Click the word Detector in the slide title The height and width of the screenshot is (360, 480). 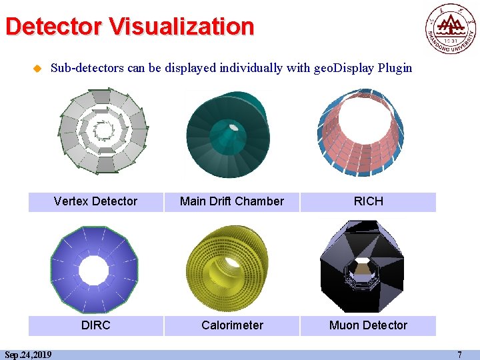[53, 27]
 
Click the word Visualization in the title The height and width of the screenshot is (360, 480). [181, 27]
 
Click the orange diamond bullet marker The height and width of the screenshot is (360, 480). [37, 68]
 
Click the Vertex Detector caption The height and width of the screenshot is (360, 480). [95, 201]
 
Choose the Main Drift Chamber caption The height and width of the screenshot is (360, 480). [232, 201]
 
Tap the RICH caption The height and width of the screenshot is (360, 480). [368, 201]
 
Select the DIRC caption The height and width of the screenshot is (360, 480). [95, 325]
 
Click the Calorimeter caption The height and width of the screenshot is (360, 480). [232, 325]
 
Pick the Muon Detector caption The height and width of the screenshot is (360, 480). [368, 325]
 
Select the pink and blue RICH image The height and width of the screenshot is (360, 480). [361, 133]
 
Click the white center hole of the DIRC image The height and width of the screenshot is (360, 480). [93, 269]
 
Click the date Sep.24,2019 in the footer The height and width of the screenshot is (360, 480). [28, 355]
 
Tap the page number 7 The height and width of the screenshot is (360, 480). [459, 355]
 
